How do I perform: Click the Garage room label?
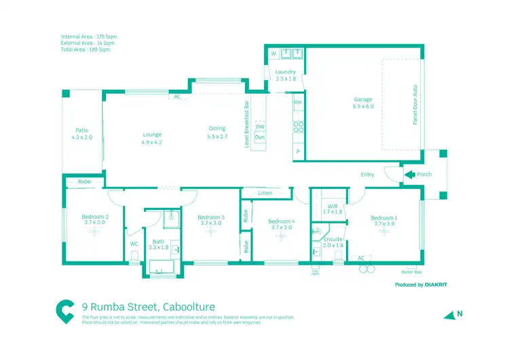pyautogui.click(x=362, y=100)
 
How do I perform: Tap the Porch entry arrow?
pyautogui.click(x=409, y=175)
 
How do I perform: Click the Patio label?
pyautogui.click(x=82, y=130)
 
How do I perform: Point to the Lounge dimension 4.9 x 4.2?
pyautogui.click(x=151, y=143)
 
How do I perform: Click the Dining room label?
pyautogui.click(x=217, y=128)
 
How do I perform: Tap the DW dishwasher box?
pyautogui.click(x=260, y=126)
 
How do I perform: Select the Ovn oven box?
pyautogui.click(x=260, y=137)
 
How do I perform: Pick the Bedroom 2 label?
pyautogui.click(x=96, y=216)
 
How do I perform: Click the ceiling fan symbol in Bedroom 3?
pyautogui.click(x=210, y=232)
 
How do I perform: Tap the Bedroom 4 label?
pyautogui.click(x=281, y=221)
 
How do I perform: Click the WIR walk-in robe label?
pyautogui.click(x=332, y=206)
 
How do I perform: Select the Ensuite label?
pyautogui.click(x=333, y=239)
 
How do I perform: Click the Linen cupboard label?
pyautogui.click(x=265, y=194)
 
